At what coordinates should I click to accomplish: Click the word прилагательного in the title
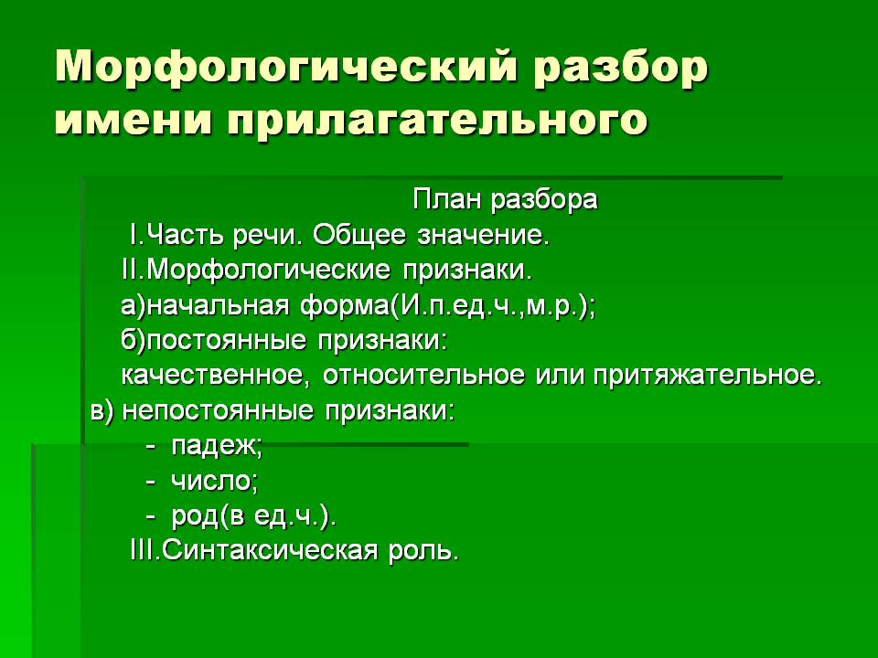[437, 120]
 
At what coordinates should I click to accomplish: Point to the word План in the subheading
[447, 200]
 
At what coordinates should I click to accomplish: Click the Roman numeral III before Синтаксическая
[145, 550]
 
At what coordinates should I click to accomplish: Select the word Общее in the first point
[359, 236]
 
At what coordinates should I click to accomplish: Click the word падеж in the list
[214, 447]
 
